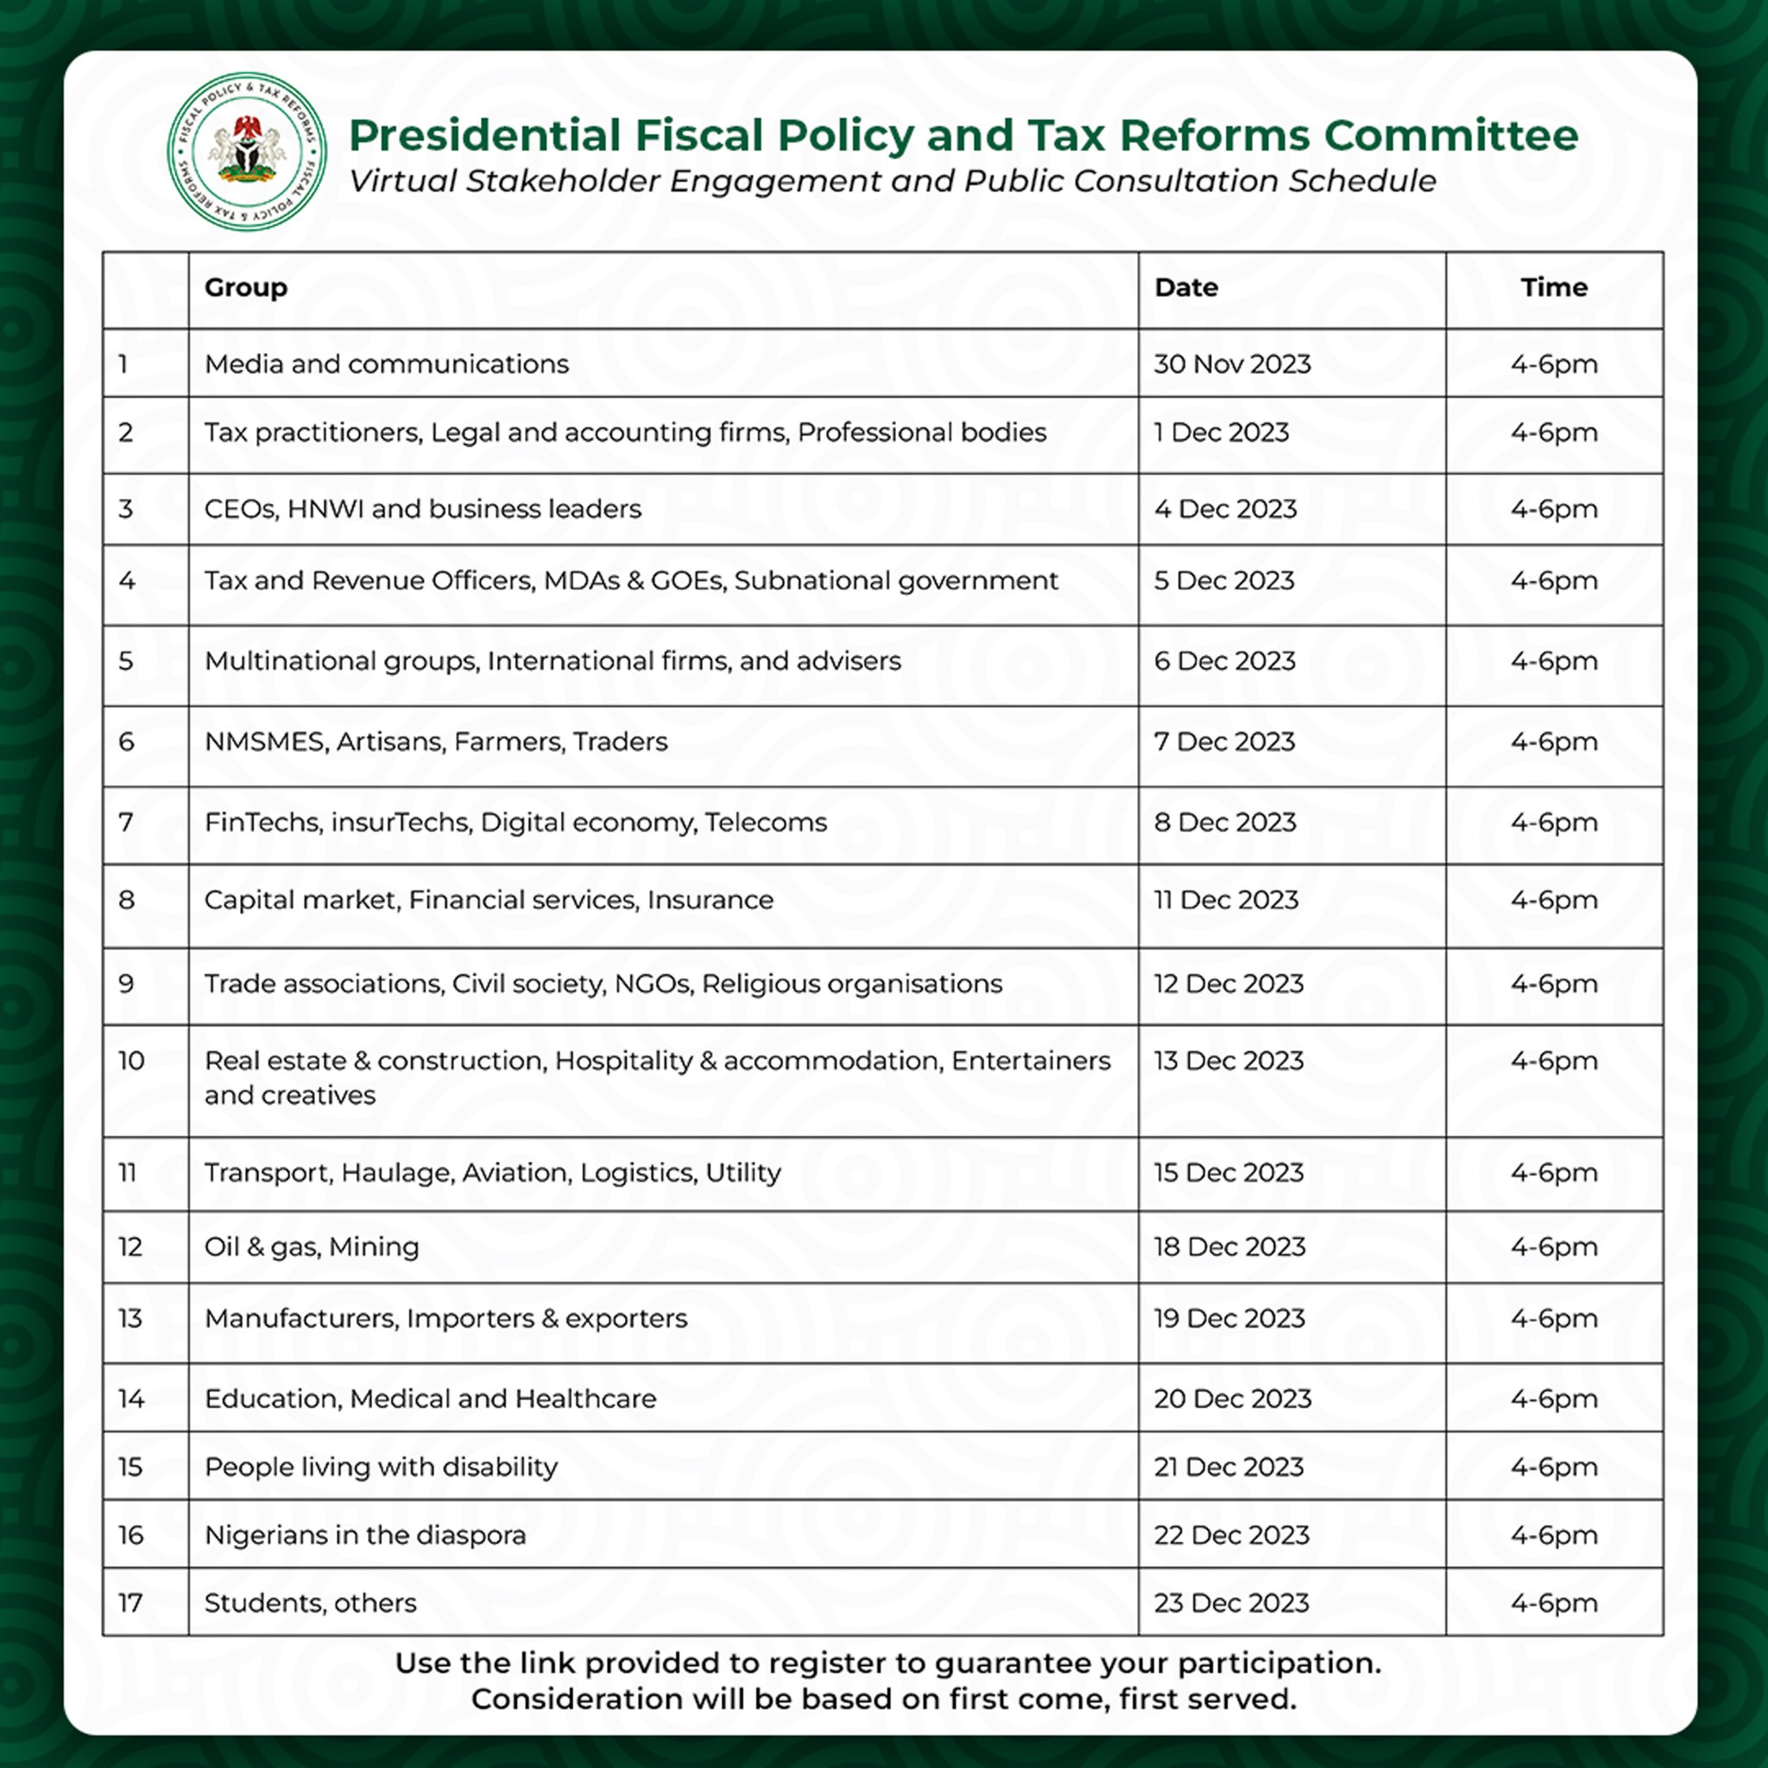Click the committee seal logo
pyautogui.click(x=246, y=152)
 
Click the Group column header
pyautogui.click(x=245, y=287)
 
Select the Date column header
pyautogui.click(x=1186, y=287)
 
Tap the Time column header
pyautogui.click(x=1554, y=287)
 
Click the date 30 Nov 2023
pyautogui.click(x=1232, y=364)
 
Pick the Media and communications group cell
pyautogui.click(x=386, y=364)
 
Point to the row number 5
pyautogui.click(x=126, y=660)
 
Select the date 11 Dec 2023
pyautogui.click(x=1226, y=900)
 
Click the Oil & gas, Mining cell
pyautogui.click(x=311, y=1247)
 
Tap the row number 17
pyautogui.click(x=130, y=1602)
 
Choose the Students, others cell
pyautogui.click(x=310, y=1602)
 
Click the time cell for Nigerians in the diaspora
pyautogui.click(x=1554, y=1535)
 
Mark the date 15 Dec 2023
pyautogui.click(x=1228, y=1172)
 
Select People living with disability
pyautogui.click(x=381, y=1467)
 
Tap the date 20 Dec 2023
pyautogui.click(x=1232, y=1399)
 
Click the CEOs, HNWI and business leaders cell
pyautogui.click(x=423, y=508)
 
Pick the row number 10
pyautogui.click(x=131, y=1061)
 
